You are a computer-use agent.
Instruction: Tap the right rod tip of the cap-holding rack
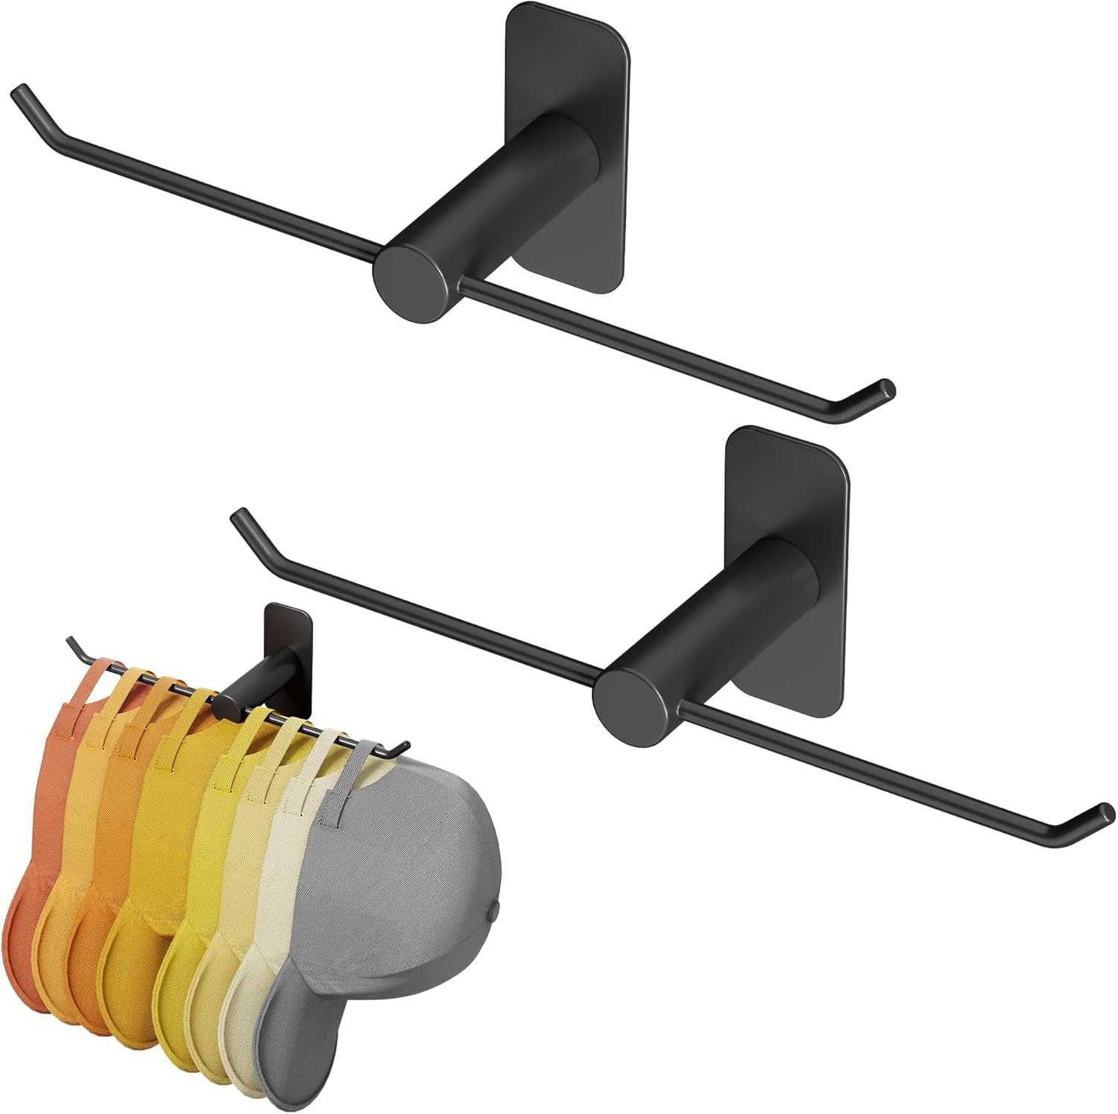pos(402,744)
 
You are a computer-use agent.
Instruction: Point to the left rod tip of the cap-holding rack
pos(71,641)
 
